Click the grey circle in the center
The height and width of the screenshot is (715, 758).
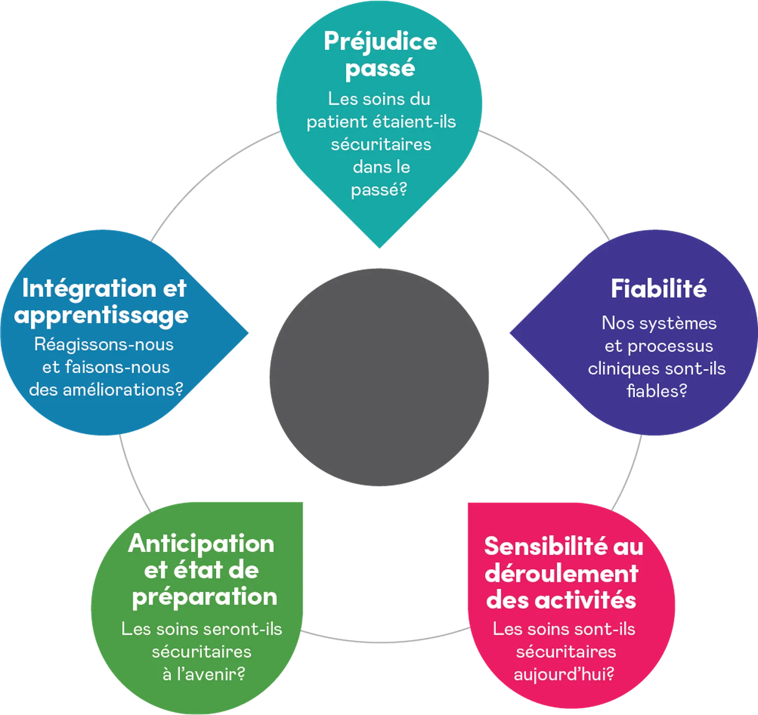[x=379, y=377]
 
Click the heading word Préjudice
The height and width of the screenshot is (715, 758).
[x=380, y=41]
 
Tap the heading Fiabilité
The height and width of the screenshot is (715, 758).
[x=658, y=288]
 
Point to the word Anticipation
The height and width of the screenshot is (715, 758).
[x=201, y=544]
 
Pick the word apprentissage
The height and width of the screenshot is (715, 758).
[x=101, y=315]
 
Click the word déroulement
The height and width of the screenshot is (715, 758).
[x=562, y=573]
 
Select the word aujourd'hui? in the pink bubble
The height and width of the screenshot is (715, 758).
[x=564, y=674]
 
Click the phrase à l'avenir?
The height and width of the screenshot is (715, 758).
[x=204, y=674]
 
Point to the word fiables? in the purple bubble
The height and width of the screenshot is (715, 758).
[x=657, y=391]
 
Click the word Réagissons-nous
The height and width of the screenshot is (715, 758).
[x=104, y=344]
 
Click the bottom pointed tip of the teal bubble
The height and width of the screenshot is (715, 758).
[x=379, y=249]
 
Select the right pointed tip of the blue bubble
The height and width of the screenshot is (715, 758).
[x=250, y=332]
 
